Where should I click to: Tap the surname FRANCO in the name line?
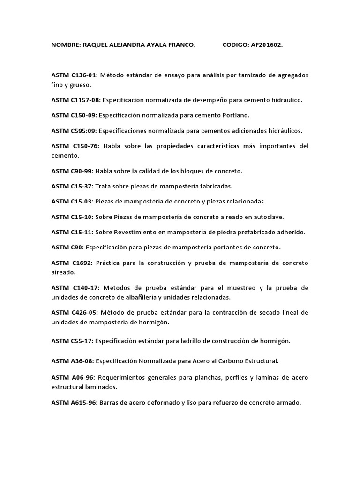click(x=180, y=45)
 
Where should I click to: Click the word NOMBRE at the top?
click(x=65, y=45)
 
